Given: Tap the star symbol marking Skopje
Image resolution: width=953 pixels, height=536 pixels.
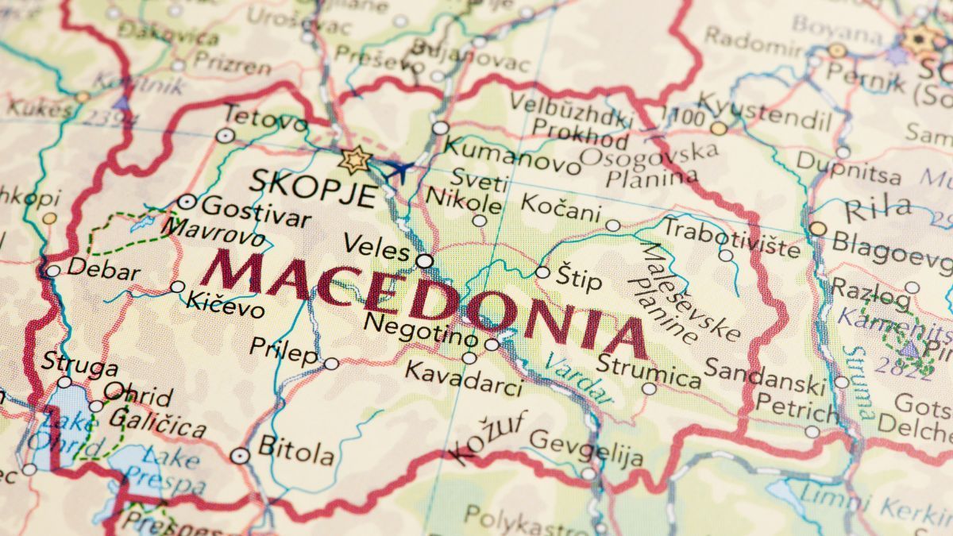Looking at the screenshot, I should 354,160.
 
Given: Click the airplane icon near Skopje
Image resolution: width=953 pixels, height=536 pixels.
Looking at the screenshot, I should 399,169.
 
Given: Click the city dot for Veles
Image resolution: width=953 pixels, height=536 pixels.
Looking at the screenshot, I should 425,260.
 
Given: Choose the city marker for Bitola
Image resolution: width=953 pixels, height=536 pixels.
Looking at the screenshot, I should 240,456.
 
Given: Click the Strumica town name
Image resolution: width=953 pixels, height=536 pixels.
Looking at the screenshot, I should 649,372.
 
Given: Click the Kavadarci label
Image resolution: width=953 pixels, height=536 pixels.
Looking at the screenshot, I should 464,378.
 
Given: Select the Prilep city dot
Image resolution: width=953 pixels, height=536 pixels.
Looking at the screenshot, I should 331,364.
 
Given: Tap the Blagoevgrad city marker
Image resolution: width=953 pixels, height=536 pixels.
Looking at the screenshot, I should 817,229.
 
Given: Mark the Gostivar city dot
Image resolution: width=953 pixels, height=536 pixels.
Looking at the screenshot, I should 187,202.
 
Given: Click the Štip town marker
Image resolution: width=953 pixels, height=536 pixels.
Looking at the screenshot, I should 542,272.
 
